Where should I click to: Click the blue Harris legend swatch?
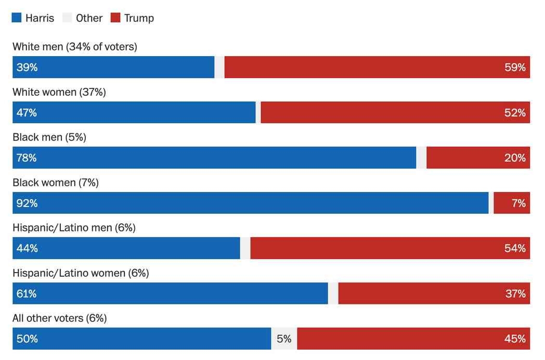pyautogui.click(x=17, y=18)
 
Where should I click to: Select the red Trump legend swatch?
pyautogui.click(x=115, y=18)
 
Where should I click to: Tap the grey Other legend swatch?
pyautogui.click(x=67, y=18)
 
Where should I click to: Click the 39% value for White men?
pyautogui.click(x=27, y=67)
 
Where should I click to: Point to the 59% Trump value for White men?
pyautogui.click(x=515, y=67)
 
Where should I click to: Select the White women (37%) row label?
pyautogui.click(x=59, y=92)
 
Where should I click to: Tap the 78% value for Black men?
pyautogui.click(x=27, y=158)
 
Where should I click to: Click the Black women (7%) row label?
pyautogui.click(x=55, y=183)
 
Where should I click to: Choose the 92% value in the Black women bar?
pyautogui.click(x=27, y=203)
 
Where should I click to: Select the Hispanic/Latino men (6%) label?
pyautogui.click(x=74, y=228)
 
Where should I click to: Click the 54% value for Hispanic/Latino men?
pyautogui.click(x=515, y=248)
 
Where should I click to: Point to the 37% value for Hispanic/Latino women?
pyautogui.click(x=515, y=293)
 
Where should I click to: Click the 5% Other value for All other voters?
pyautogui.click(x=284, y=339)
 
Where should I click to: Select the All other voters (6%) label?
pyautogui.click(x=59, y=318)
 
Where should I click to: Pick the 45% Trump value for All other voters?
pyautogui.click(x=515, y=339)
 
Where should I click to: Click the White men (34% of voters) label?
pyautogui.click(x=74, y=47)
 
